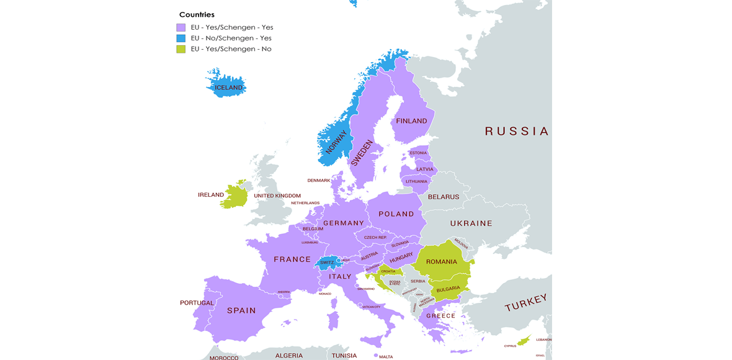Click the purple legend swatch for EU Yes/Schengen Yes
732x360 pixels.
pos(181,27)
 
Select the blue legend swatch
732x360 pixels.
pos(181,38)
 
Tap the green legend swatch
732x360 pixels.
pos(181,49)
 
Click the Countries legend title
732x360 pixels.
pos(197,14)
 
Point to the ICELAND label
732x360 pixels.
pos(228,88)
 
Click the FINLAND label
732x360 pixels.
pos(411,121)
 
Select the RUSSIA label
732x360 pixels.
pos(516,131)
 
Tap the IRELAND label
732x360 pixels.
pos(211,195)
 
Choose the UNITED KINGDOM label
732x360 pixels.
pos(277,196)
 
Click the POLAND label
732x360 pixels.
pos(396,214)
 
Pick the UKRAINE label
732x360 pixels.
pos(471,223)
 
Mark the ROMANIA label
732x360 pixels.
pos(441,262)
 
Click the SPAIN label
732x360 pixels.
pos(241,310)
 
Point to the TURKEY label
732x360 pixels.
pos(526,303)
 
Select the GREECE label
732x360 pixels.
pos(440,315)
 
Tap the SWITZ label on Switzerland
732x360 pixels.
pos(326,263)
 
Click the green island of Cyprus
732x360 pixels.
pos(525,339)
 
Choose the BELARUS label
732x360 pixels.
pos(443,197)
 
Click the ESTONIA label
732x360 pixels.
pos(418,153)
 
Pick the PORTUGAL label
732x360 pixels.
pos(197,303)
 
